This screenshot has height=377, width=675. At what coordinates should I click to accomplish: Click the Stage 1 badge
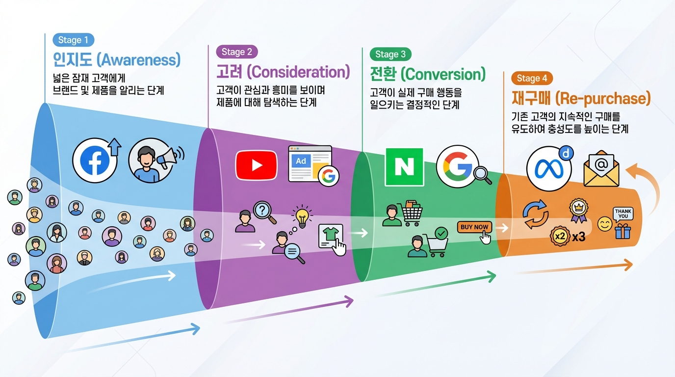(x=73, y=40)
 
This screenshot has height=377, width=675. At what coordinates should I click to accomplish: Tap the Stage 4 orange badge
(x=532, y=78)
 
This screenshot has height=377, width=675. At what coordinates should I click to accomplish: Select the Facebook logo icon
(x=95, y=160)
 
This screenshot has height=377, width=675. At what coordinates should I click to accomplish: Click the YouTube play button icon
(x=256, y=165)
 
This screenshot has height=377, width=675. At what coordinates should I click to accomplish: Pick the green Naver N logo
(x=404, y=167)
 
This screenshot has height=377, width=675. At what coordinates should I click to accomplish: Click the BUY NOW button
(x=474, y=227)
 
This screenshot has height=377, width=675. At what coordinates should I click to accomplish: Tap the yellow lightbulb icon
(x=302, y=216)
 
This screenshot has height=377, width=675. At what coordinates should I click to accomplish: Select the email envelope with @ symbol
(x=601, y=169)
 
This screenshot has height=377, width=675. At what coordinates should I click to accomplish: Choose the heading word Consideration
(x=298, y=72)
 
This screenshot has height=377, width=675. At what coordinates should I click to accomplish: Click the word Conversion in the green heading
(x=443, y=74)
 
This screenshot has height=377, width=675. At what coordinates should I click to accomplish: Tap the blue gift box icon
(x=623, y=230)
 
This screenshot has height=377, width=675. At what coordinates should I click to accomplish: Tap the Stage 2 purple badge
(x=236, y=52)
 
